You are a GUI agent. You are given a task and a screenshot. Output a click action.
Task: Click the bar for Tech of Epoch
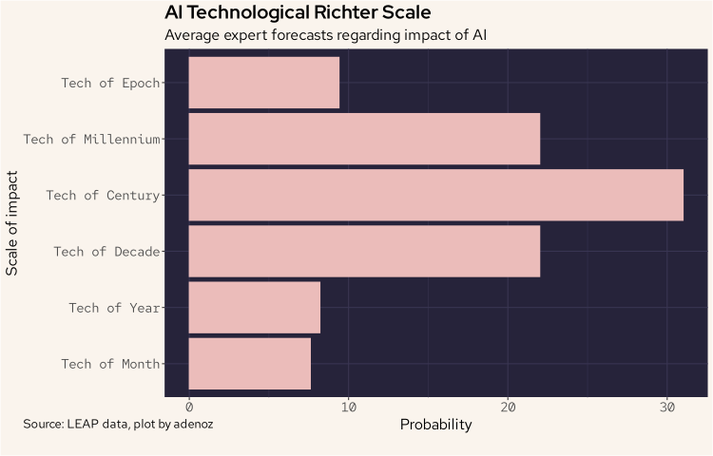click(264, 83)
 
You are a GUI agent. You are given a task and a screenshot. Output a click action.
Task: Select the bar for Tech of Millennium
click(364, 139)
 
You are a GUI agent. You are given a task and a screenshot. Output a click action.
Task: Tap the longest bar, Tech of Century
click(435, 195)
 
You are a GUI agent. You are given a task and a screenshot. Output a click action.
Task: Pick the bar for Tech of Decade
click(364, 251)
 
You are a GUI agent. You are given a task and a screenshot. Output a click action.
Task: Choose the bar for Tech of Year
click(255, 307)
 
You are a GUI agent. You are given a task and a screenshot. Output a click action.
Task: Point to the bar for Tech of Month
click(250, 364)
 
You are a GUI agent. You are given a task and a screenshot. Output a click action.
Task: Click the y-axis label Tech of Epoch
click(110, 83)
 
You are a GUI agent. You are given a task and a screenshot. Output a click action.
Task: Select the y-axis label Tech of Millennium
click(91, 139)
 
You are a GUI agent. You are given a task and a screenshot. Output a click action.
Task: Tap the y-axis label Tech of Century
click(103, 195)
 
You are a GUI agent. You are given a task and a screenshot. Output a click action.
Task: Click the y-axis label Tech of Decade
click(106, 251)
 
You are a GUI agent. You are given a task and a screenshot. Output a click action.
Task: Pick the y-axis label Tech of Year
click(114, 307)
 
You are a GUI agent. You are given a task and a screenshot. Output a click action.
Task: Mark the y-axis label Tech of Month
click(110, 364)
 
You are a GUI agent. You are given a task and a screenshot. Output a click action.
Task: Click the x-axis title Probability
click(435, 425)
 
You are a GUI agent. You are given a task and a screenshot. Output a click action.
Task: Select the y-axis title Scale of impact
click(12, 223)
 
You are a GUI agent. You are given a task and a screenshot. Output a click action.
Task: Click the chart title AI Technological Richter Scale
click(298, 13)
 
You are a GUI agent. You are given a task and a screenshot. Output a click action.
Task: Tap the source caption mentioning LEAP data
click(118, 424)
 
